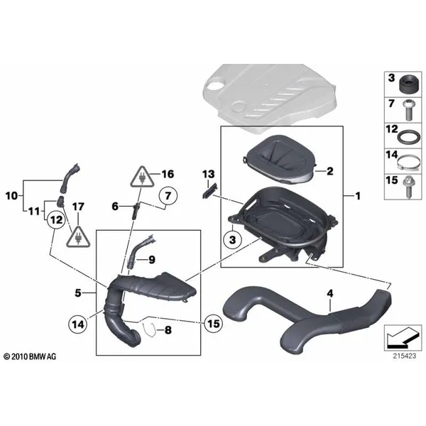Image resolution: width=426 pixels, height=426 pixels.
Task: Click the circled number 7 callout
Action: point(168,196)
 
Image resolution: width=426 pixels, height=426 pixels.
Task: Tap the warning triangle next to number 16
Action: point(142,177)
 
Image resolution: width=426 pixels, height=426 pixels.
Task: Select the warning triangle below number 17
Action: point(78,237)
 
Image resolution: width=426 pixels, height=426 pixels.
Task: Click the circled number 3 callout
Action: point(233,240)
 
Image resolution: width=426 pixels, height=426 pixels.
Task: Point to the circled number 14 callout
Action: point(78,324)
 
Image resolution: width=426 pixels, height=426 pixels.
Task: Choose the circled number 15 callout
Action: point(213,324)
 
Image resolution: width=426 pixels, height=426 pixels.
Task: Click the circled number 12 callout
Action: point(56,220)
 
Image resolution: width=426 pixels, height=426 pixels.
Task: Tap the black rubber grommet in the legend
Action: point(409,84)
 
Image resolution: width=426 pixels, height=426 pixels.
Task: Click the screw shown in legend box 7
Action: point(408,110)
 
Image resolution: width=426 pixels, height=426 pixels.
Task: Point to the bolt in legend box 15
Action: point(408,187)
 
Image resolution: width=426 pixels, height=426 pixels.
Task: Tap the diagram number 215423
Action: point(404,356)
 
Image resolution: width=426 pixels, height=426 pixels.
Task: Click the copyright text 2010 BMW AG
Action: point(30,356)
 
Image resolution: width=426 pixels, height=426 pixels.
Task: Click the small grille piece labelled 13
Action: point(210,191)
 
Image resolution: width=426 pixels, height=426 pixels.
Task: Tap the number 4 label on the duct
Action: point(330,293)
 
